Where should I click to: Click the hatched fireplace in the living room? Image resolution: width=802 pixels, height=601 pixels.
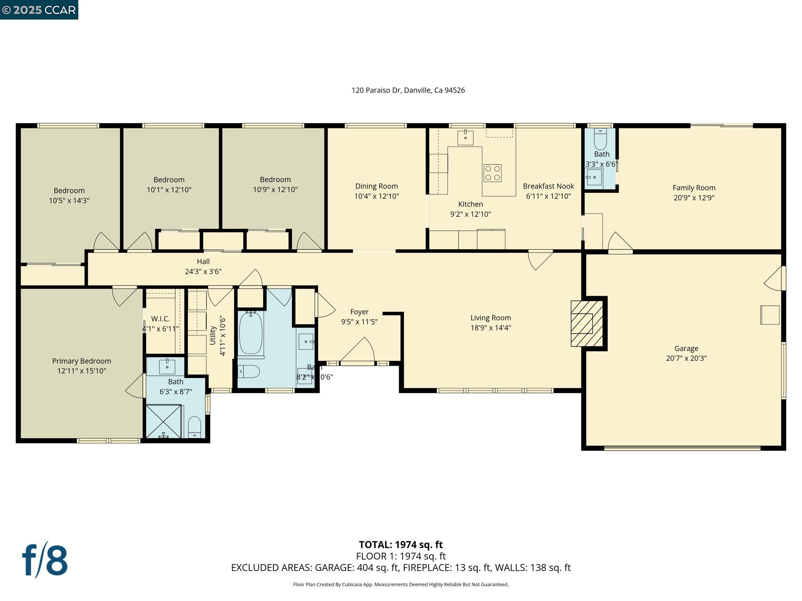click(x=586, y=323)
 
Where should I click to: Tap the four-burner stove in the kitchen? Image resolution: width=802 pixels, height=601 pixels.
click(x=493, y=173)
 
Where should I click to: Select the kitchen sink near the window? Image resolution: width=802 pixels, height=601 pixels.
click(x=465, y=138)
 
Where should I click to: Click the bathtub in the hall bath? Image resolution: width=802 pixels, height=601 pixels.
click(x=251, y=333)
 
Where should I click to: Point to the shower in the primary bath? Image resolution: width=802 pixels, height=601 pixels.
click(x=164, y=421)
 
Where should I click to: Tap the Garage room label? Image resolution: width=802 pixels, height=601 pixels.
click(x=686, y=348)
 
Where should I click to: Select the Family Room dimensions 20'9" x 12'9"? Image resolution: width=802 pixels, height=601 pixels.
click(x=694, y=198)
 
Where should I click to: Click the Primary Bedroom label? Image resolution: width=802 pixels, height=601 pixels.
click(x=81, y=361)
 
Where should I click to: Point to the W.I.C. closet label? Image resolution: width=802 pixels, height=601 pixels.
click(x=161, y=319)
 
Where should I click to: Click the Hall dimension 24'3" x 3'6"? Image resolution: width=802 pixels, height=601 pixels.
click(x=203, y=272)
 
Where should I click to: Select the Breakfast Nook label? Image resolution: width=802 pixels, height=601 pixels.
click(x=548, y=186)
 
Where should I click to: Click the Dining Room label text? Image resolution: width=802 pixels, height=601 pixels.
click(x=376, y=186)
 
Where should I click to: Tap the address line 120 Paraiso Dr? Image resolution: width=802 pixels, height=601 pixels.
click(x=408, y=90)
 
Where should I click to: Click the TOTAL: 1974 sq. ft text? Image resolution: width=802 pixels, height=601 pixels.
click(x=401, y=545)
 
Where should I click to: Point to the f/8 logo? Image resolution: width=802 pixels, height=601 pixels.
click(x=45, y=560)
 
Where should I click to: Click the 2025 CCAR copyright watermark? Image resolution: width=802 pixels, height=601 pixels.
click(x=39, y=10)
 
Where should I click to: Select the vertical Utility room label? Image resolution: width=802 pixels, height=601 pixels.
click(x=213, y=335)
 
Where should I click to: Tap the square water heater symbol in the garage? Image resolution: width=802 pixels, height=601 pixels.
click(x=769, y=315)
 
